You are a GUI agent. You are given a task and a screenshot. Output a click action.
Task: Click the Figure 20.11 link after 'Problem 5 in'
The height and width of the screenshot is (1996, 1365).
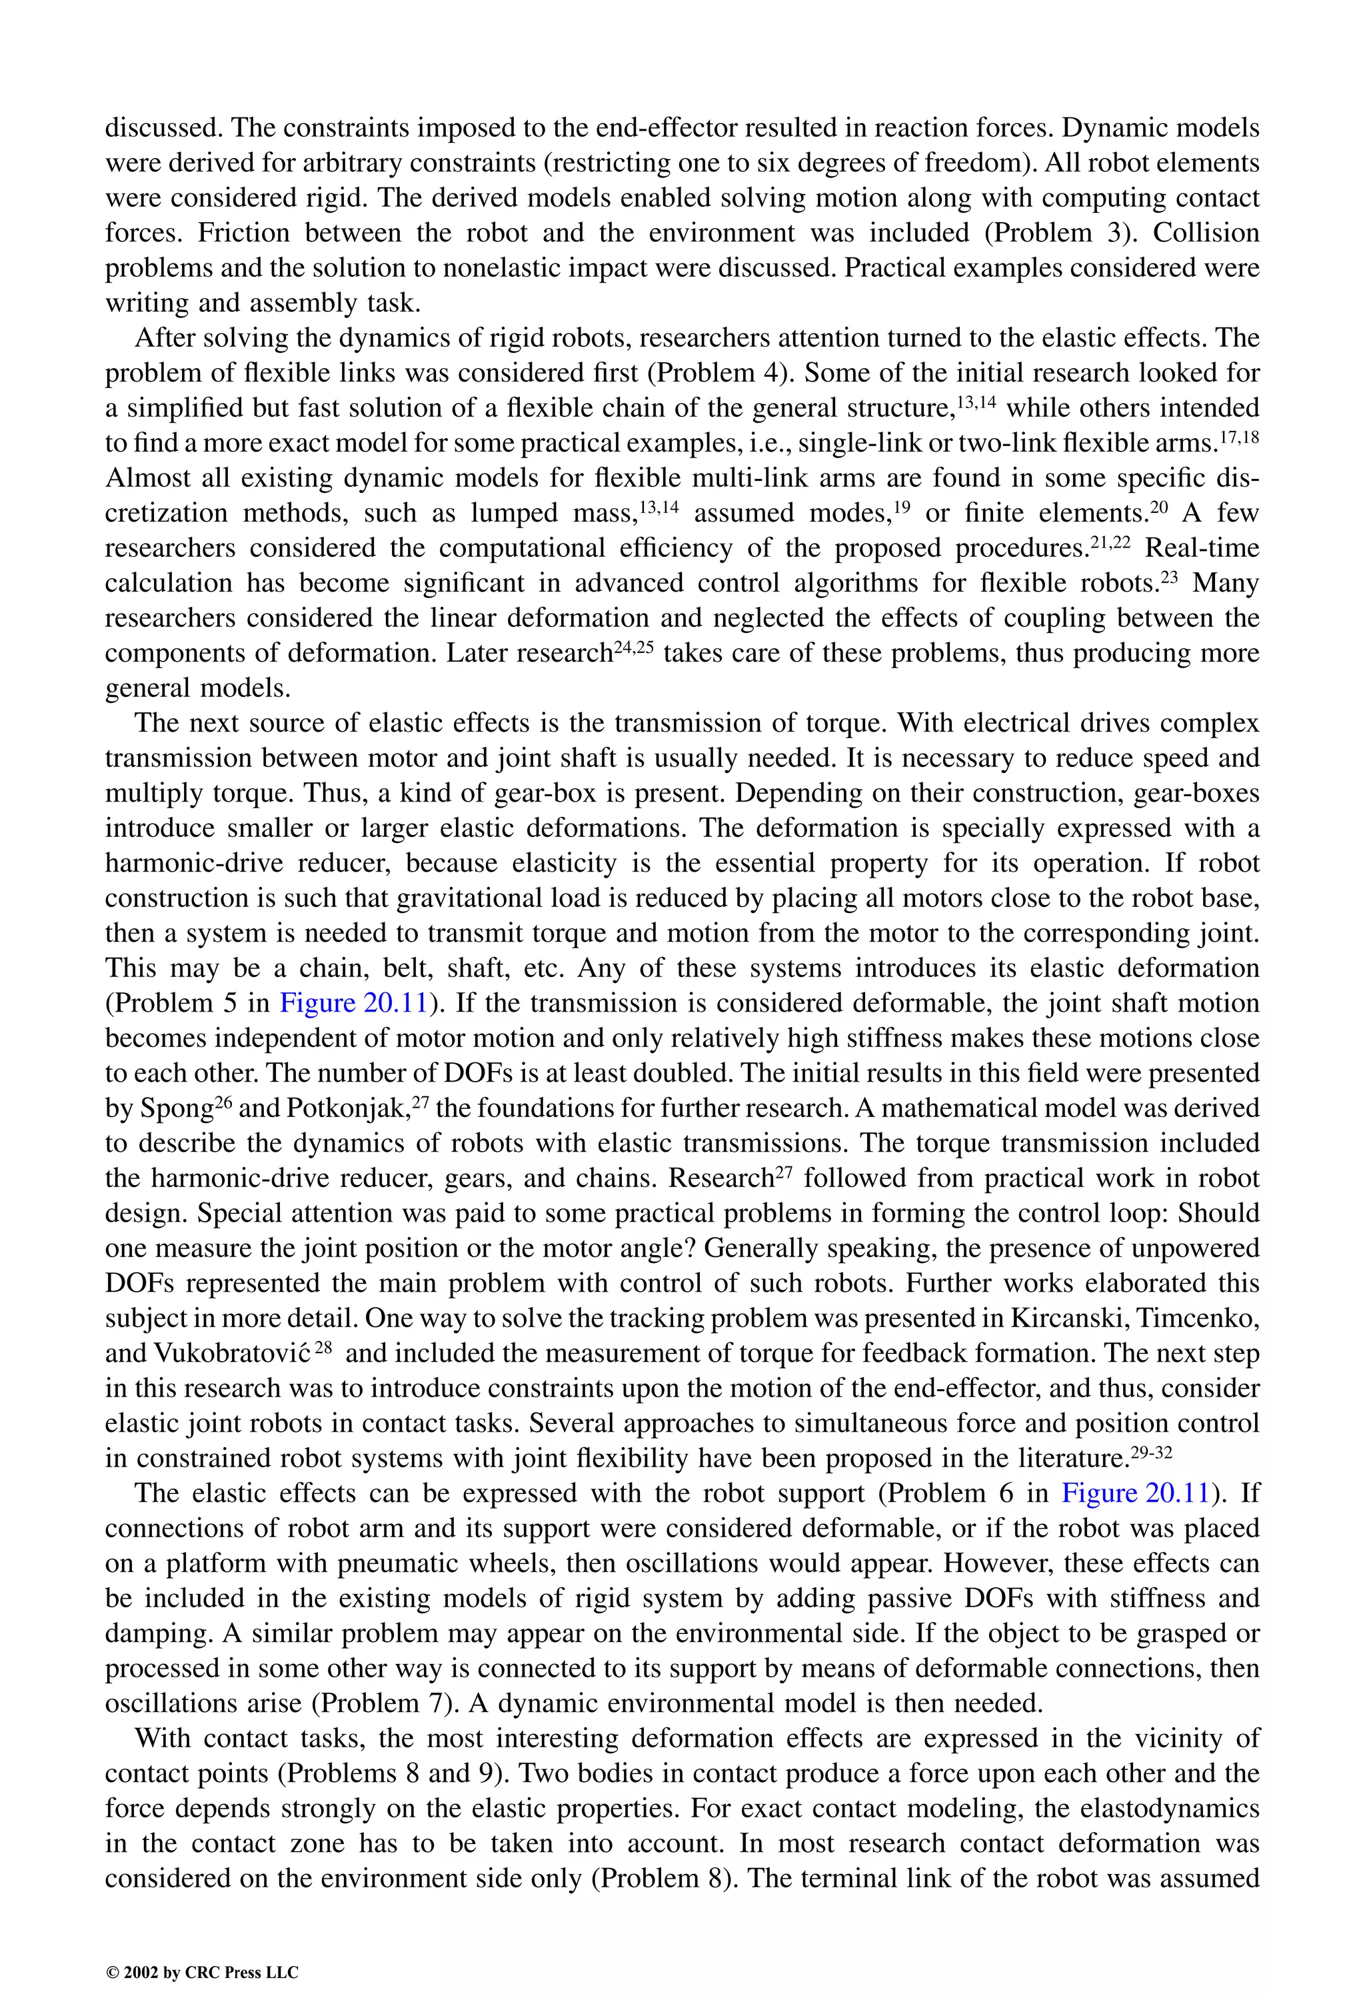click(354, 1003)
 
